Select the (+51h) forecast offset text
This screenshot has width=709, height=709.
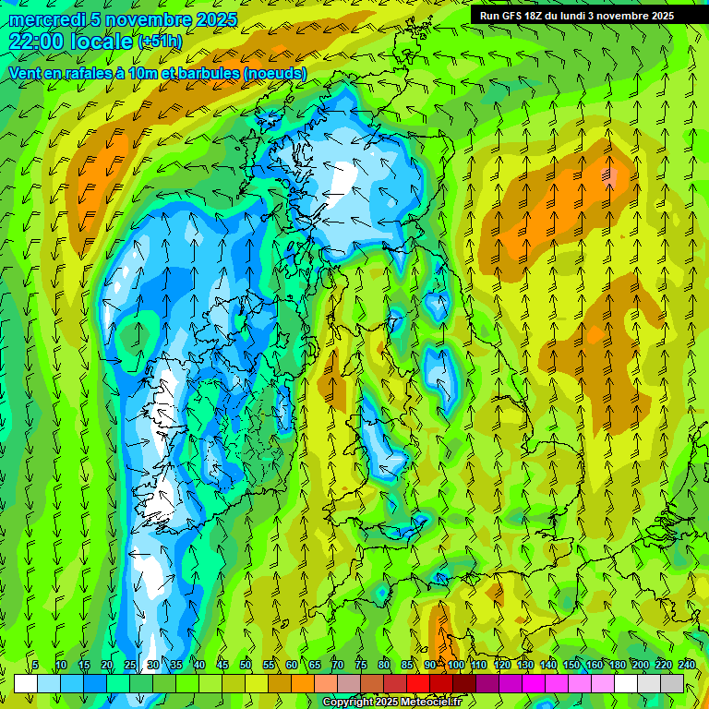point(160,42)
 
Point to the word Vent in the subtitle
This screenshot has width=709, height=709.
point(25,73)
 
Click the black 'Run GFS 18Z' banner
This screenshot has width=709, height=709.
point(577,16)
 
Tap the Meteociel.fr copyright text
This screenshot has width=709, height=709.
point(391,703)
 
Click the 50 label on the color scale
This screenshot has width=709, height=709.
point(246,665)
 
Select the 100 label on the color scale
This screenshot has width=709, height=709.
point(456,665)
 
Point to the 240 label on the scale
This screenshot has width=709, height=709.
point(687,665)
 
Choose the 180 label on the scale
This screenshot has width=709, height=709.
point(618,665)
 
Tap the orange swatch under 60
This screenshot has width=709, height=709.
point(303,683)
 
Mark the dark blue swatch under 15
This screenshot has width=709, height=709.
point(95,683)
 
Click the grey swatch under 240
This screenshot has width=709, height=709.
point(672,683)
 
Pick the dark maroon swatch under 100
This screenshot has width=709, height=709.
point(464,683)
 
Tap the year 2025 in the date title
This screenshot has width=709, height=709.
point(214,19)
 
